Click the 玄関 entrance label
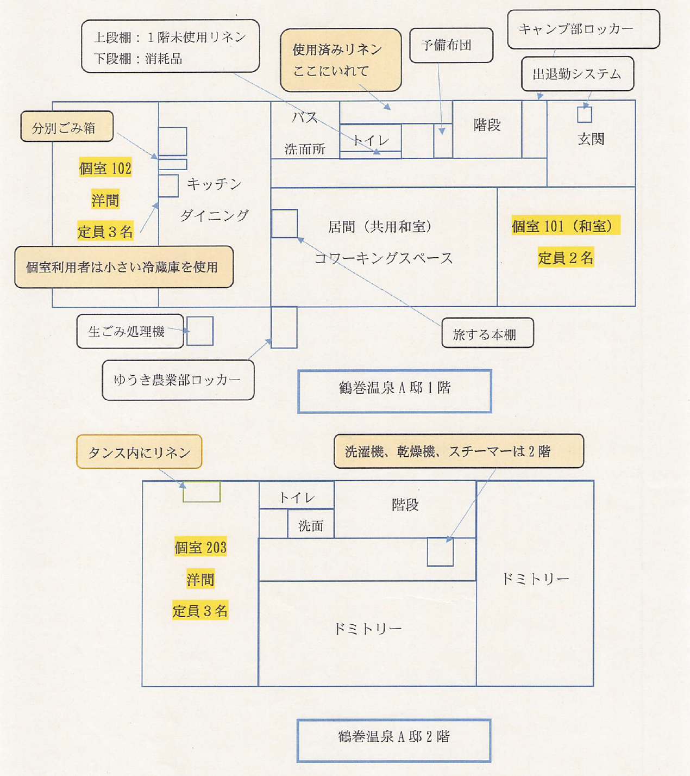click(x=591, y=139)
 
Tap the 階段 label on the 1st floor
click(x=487, y=125)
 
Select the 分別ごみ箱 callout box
click(x=67, y=127)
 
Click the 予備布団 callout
click(x=451, y=45)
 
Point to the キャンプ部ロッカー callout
click(x=583, y=29)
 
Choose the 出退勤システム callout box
click(x=577, y=74)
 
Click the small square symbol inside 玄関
click(x=585, y=114)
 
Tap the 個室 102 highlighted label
click(x=105, y=169)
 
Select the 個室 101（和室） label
click(x=566, y=226)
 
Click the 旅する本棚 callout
click(x=487, y=333)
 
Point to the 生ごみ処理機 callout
click(x=130, y=331)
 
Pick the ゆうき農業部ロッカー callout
click(x=178, y=380)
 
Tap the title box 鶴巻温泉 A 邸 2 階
click(x=394, y=740)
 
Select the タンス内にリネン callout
click(x=139, y=452)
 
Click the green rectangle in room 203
click(x=201, y=492)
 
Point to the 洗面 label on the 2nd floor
click(x=310, y=525)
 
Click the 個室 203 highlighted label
click(x=200, y=547)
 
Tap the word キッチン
click(x=214, y=184)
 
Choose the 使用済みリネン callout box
click(x=341, y=60)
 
